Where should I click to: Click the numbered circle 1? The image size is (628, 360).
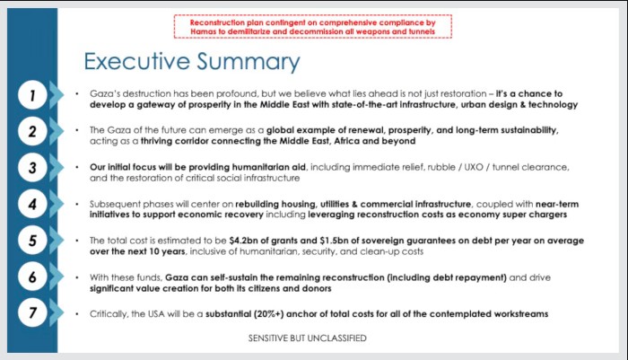coord(32,94)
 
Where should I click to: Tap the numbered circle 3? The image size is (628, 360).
coord(32,168)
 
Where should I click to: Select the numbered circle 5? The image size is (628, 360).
coord(32,241)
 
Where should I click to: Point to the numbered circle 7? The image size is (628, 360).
coord(32,314)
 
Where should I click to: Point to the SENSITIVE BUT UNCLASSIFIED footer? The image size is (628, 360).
coord(308,338)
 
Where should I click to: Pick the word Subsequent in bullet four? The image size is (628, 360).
coord(114,204)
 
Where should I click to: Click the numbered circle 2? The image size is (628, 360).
coord(32,131)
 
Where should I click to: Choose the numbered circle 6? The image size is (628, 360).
coord(32,277)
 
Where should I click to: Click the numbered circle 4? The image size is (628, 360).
coord(32,205)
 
